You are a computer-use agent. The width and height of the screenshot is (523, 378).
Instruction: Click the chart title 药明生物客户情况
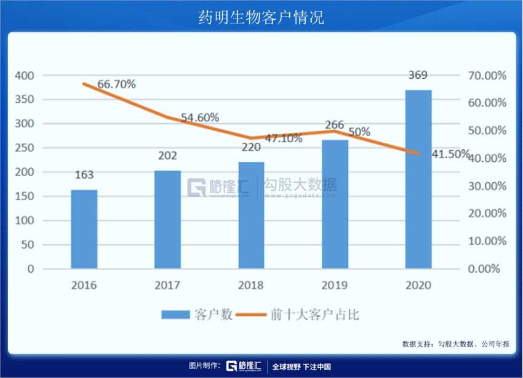(x=261, y=17)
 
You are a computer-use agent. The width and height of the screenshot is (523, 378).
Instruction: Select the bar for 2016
(x=84, y=229)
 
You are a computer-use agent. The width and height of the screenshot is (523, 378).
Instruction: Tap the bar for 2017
(x=167, y=219)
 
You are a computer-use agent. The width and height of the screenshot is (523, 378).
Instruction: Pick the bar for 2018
(x=251, y=215)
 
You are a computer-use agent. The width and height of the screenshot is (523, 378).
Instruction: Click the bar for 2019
(x=335, y=204)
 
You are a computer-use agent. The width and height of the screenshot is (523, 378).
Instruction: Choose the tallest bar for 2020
(x=418, y=179)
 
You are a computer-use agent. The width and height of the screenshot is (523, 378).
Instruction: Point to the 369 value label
(x=418, y=76)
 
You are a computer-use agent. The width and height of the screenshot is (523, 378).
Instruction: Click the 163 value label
(x=84, y=175)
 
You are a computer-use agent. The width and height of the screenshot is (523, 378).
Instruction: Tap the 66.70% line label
(x=116, y=84)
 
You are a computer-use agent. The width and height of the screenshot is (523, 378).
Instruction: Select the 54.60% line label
(x=200, y=118)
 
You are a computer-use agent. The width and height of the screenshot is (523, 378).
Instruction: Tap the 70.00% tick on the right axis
(x=487, y=76)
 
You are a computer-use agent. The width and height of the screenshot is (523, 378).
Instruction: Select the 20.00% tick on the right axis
(x=487, y=214)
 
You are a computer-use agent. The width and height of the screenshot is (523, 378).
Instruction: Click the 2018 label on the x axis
(x=251, y=285)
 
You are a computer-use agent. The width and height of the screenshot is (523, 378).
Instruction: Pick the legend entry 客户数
(x=197, y=315)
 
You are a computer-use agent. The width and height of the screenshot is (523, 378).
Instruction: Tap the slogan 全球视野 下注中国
(x=301, y=366)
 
